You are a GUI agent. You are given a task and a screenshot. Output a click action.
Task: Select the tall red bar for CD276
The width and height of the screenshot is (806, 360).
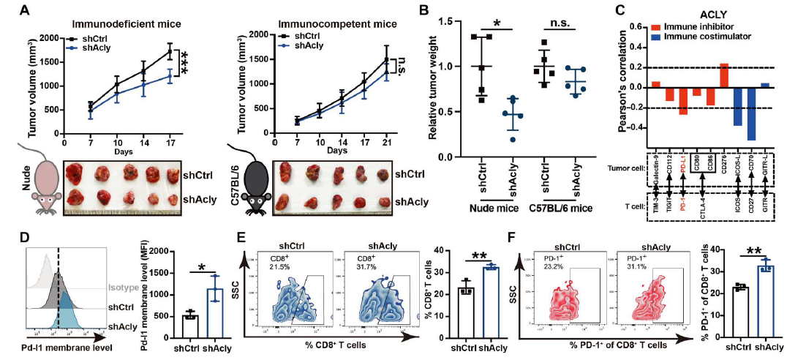[x=724, y=75]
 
